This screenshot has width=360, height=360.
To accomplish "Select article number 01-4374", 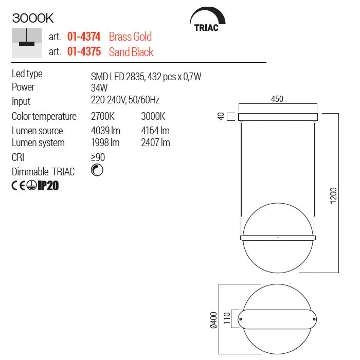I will [x=84, y=37].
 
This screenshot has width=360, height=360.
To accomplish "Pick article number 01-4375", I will [x=84, y=52].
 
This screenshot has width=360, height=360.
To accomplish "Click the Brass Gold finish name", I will [x=130, y=37].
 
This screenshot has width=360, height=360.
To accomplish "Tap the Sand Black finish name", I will [x=131, y=52].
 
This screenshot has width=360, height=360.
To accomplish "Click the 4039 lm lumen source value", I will [x=105, y=131].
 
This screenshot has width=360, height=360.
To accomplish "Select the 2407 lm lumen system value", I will [x=155, y=142].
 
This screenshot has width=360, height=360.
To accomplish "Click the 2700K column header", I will [x=102, y=117].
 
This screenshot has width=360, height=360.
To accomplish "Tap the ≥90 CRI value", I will [x=98, y=157].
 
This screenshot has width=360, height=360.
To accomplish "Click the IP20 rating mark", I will [x=48, y=186].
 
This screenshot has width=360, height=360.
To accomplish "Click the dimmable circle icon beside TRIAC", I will [x=97, y=171].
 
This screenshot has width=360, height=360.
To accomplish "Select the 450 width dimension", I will [x=277, y=99].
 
